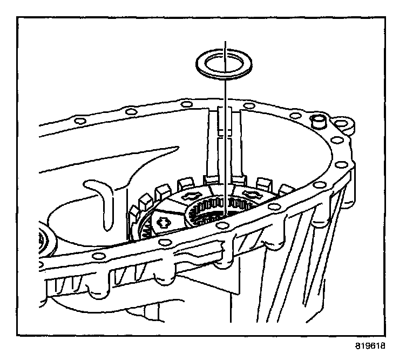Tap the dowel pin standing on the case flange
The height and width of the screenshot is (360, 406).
tap(318, 121)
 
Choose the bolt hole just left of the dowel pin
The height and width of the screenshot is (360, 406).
tap(295, 116)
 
